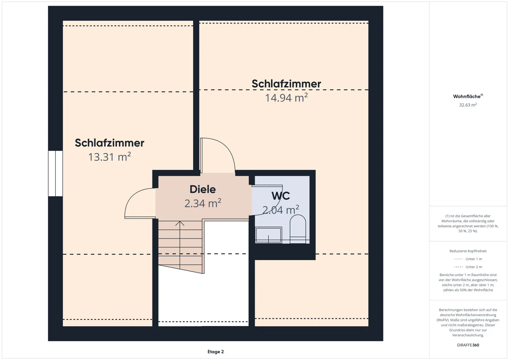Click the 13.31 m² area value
click(x=110, y=157)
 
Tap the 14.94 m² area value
click(x=286, y=97)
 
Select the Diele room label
click(x=203, y=189)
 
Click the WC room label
click(x=281, y=196)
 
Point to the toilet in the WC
click(x=298, y=229)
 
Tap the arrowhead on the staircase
click(x=180, y=223)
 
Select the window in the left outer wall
click(x=55, y=173)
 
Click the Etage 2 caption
click(x=215, y=352)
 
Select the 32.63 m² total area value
click(x=468, y=105)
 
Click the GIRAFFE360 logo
click(x=468, y=345)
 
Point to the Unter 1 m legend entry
click(x=468, y=259)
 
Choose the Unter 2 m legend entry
click(x=468, y=267)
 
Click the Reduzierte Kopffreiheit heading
click(x=468, y=251)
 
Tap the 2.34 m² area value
click(x=203, y=203)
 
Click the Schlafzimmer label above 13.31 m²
click(x=110, y=143)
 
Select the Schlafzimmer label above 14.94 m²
click(x=286, y=83)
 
